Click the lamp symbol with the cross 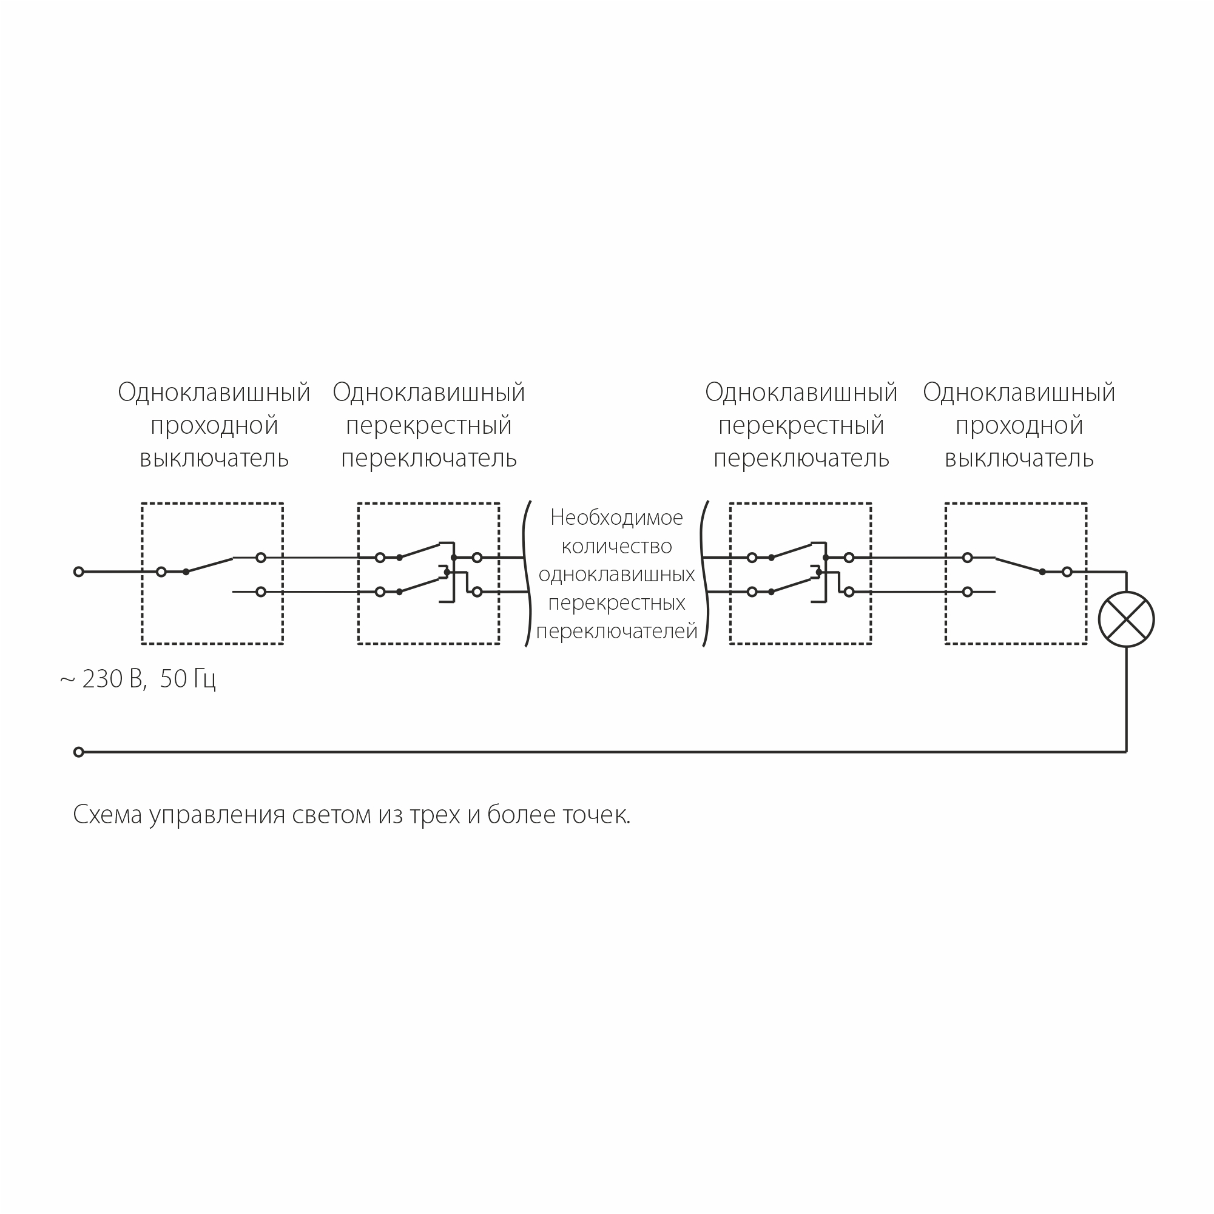pyautogui.click(x=1126, y=619)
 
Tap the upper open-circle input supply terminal pyautogui.click(x=78, y=572)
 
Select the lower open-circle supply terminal pyautogui.click(x=78, y=752)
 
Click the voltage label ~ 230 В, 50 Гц pyautogui.click(x=138, y=680)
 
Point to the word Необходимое pyautogui.click(x=616, y=517)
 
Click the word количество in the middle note pyautogui.click(x=616, y=546)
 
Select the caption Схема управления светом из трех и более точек pyautogui.click(x=352, y=815)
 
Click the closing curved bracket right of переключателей pyautogui.click(x=705, y=573)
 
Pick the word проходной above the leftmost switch pyautogui.click(x=214, y=426)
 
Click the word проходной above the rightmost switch pyautogui.click(x=1019, y=426)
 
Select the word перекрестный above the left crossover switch pyautogui.click(x=428, y=426)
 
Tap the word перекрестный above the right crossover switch pyautogui.click(x=801, y=426)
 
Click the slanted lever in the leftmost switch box pyautogui.click(x=209, y=565)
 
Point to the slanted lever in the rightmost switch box pyautogui.click(x=1019, y=565)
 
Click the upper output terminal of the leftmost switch pyautogui.click(x=261, y=558)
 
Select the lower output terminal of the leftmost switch pyautogui.click(x=261, y=592)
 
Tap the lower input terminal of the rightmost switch pyautogui.click(x=968, y=592)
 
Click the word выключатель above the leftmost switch pyautogui.click(x=214, y=459)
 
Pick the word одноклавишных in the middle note pyautogui.click(x=616, y=575)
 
